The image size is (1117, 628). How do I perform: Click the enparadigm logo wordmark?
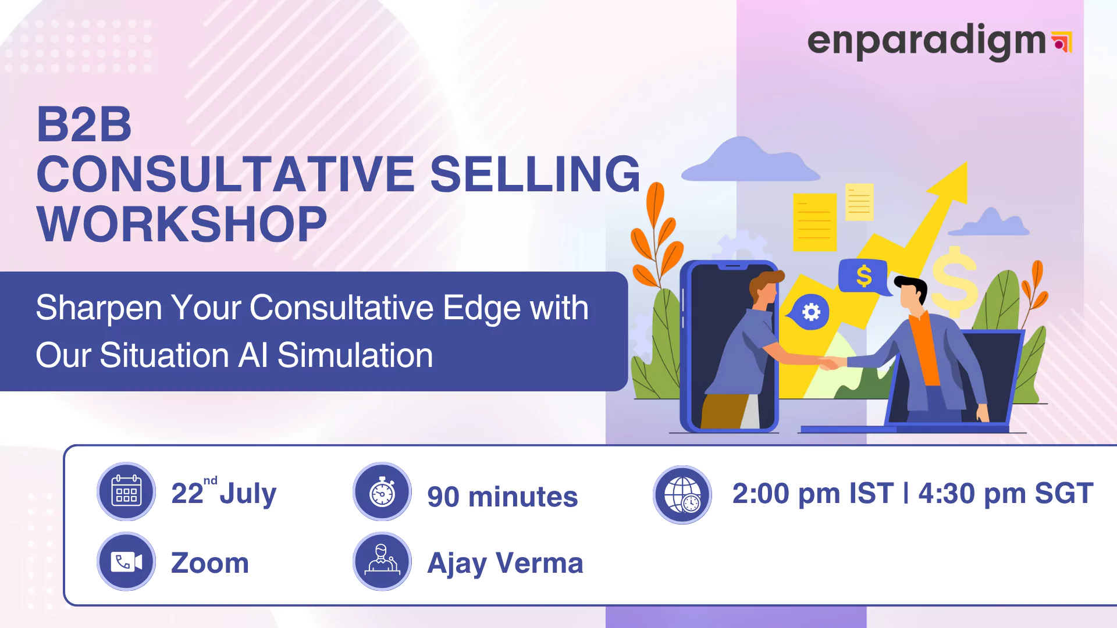(x=927, y=42)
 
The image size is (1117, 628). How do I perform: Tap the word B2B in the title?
(x=84, y=124)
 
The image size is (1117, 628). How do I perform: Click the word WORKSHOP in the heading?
(x=182, y=224)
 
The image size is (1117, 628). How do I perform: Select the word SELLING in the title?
(x=535, y=174)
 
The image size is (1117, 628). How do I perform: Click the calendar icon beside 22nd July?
(x=126, y=491)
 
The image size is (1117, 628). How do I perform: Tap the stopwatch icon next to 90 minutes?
(x=382, y=491)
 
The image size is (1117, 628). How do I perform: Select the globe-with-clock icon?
(x=682, y=495)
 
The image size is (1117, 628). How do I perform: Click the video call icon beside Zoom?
(x=126, y=562)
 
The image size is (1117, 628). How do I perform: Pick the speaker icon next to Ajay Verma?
(x=382, y=562)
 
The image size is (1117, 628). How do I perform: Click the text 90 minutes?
(x=503, y=497)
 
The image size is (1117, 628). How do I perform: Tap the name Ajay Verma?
(x=505, y=563)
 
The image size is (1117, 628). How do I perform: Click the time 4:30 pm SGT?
(x=1006, y=494)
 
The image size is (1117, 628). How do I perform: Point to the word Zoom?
(x=210, y=563)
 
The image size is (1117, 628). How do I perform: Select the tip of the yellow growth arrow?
(x=966, y=163)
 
